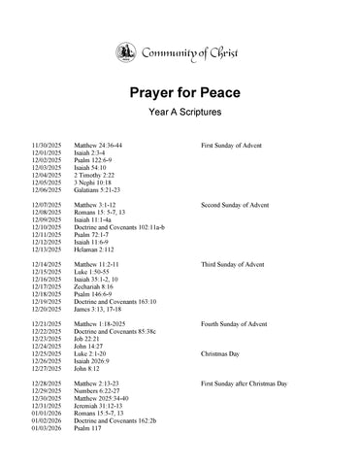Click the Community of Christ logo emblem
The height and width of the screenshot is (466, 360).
(126, 51)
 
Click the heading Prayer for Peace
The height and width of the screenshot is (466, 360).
(180, 93)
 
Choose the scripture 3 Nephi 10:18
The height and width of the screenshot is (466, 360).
(93, 182)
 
